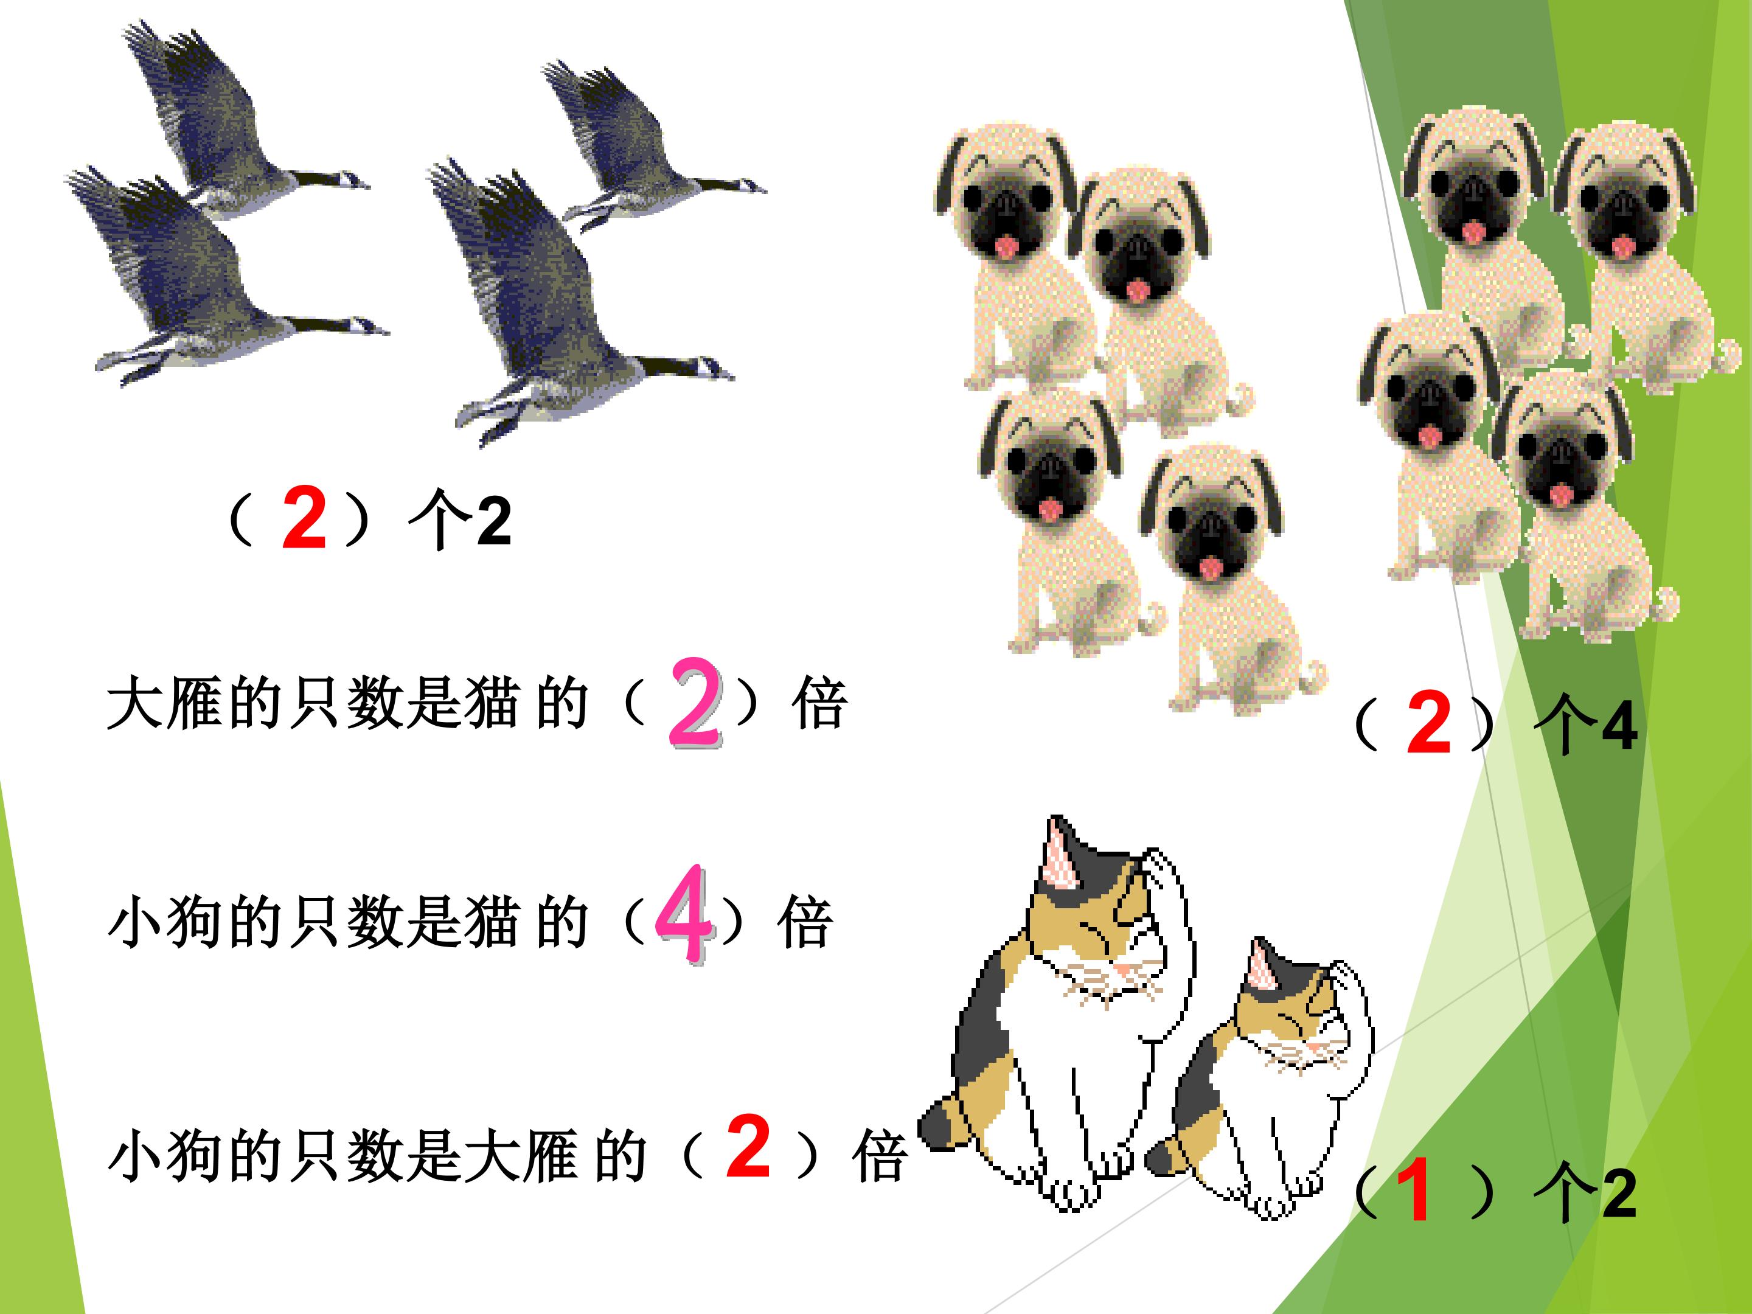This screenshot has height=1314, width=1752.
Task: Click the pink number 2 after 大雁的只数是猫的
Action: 695,703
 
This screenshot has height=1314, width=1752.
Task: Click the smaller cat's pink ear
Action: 1259,964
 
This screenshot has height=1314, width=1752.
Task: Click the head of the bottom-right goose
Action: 713,370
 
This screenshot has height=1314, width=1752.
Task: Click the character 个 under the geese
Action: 437,520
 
